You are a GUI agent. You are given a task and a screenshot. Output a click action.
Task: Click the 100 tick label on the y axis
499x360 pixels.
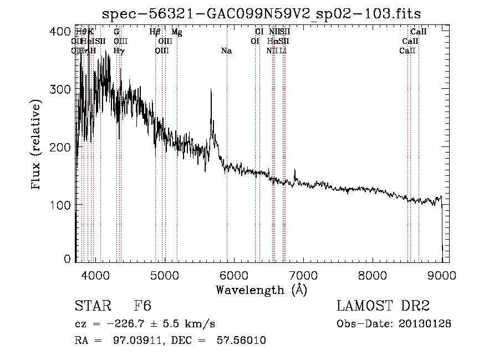(x=64, y=205)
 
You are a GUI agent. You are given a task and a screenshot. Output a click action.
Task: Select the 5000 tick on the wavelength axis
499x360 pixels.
(x=165, y=273)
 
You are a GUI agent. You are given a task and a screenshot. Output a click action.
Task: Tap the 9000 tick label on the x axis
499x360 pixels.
(x=442, y=273)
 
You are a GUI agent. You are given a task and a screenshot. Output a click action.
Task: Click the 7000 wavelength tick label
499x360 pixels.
(x=303, y=273)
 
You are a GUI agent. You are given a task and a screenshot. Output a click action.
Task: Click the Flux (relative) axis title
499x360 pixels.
(x=37, y=145)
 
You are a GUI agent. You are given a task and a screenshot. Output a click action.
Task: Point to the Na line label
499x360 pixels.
(x=226, y=51)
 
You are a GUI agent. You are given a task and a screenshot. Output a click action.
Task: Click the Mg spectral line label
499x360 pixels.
(x=176, y=32)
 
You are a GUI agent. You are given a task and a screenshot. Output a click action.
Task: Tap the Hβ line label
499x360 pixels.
(x=155, y=32)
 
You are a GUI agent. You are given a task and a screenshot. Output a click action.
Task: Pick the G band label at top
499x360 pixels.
(x=116, y=32)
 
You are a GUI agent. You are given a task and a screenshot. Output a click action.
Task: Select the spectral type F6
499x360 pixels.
(x=142, y=306)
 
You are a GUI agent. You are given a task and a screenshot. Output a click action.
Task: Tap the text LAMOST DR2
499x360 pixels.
(x=383, y=306)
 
